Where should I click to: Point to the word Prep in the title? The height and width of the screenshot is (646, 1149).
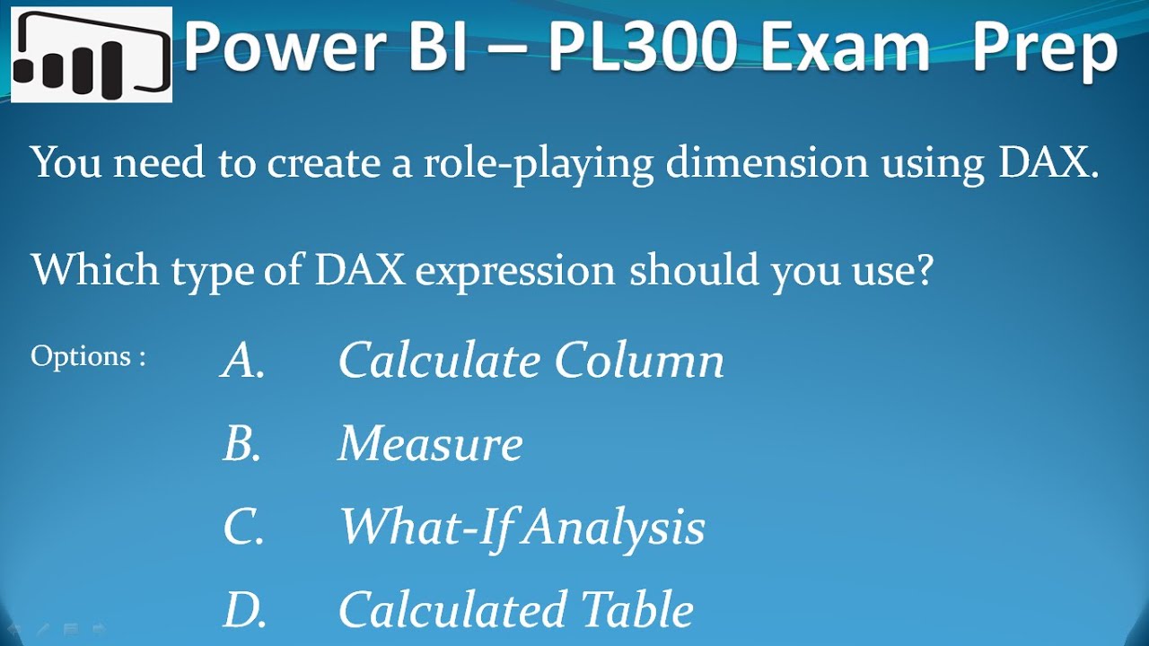(x=1045, y=49)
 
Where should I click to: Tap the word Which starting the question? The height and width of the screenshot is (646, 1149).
(x=87, y=270)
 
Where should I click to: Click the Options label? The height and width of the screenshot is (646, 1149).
(x=87, y=356)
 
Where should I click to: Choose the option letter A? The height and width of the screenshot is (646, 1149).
(x=242, y=361)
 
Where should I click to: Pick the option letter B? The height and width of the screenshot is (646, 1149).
(x=241, y=443)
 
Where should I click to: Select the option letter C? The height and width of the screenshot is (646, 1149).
(x=243, y=527)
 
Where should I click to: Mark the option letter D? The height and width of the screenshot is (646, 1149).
(x=244, y=610)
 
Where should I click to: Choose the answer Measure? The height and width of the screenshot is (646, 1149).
(x=430, y=443)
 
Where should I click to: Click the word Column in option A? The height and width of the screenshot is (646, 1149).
(x=638, y=361)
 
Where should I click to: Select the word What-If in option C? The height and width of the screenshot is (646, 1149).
(x=424, y=527)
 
